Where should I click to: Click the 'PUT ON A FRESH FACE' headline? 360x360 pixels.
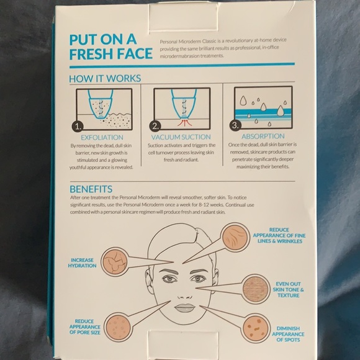coord(110,46)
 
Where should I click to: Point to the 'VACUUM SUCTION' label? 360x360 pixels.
coord(181,137)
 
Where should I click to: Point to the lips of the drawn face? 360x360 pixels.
coord(184,307)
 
